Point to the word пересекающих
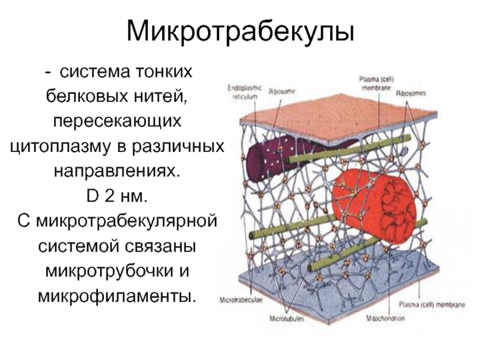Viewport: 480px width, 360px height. [x=117, y=121]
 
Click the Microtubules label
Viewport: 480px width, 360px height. [x=287, y=319]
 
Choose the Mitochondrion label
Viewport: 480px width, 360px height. [x=385, y=319]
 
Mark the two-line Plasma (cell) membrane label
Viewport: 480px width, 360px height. [x=376, y=82]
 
